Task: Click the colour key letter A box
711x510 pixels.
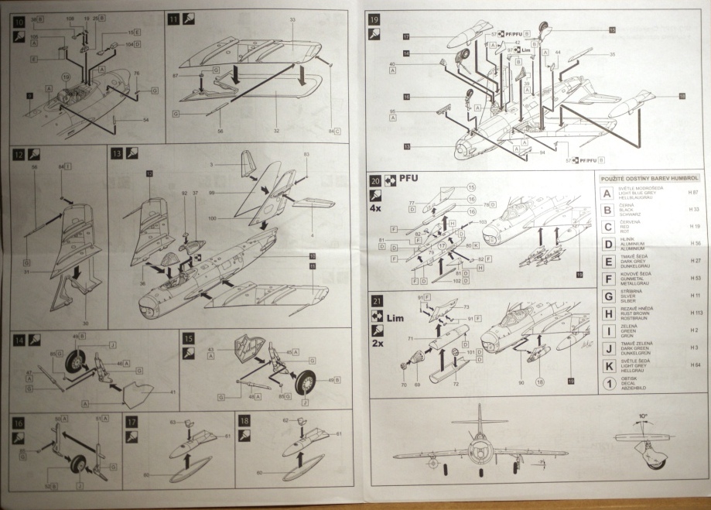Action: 608,192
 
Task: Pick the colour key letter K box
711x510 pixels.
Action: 608,365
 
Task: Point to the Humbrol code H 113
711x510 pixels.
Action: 693,313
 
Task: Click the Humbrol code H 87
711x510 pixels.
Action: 693,191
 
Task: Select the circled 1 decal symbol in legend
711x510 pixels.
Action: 608,383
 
